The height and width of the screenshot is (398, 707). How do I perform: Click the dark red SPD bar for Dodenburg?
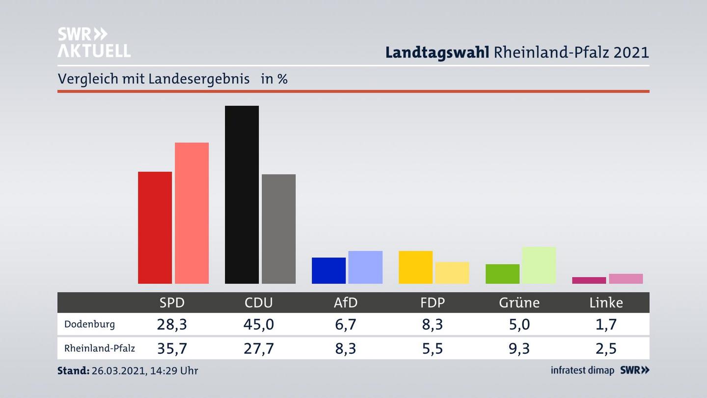[x=155, y=227]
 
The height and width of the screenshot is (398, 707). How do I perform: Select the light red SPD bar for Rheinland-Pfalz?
[x=191, y=213]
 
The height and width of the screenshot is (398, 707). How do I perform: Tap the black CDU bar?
[x=242, y=195]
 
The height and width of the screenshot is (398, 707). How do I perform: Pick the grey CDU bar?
[x=278, y=229]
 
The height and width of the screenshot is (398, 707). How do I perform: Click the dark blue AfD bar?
[x=328, y=271]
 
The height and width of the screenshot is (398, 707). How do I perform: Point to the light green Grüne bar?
[x=539, y=265]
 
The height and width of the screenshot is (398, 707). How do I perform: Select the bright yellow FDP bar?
[x=415, y=267]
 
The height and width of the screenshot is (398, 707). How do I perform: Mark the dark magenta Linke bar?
[x=589, y=281]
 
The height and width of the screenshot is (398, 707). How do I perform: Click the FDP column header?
[x=433, y=303]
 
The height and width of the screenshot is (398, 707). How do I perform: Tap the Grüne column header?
[x=519, y=303]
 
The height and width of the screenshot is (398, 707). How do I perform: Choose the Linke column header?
[x=606, y=303]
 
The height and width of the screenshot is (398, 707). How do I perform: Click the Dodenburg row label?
[x=89, y=324]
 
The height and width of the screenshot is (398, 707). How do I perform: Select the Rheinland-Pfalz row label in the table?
[x=100, y=348]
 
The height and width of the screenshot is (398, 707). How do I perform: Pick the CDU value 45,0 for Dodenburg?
[x=259, y=324]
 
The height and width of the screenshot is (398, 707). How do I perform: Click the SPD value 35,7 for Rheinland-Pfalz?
[x=172, y=348]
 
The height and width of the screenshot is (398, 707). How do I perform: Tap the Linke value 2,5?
[x=606, y=348]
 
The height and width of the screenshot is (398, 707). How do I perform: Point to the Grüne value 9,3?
[x=519, y=348]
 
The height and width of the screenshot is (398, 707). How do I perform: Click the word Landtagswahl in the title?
[x=437, y=53]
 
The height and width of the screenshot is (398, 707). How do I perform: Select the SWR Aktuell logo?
[x=94, y=42]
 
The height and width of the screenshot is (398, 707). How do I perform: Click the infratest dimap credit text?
[x=582, y=370]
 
